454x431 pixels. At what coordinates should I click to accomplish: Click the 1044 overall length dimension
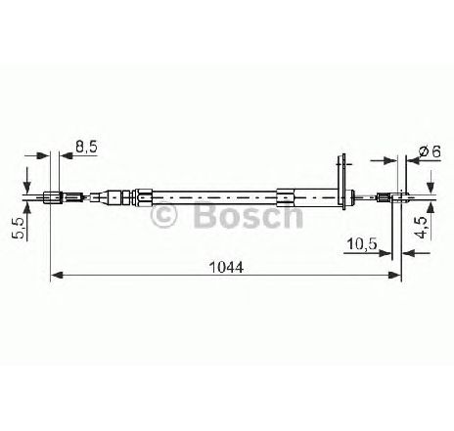coord(226,268)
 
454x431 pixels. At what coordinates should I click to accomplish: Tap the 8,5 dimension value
coord(86,147)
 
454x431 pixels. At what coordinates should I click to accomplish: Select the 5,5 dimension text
coord(19,228)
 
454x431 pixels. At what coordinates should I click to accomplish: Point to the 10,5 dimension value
coord(362,243)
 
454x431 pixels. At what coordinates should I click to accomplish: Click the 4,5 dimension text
coord(423,228)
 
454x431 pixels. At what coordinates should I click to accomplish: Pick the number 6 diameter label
coord(436,151)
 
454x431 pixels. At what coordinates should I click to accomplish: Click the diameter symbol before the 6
coord(424,151)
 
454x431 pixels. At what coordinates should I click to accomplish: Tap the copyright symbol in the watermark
coord(163,215)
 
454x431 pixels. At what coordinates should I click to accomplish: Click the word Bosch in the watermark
coord(249,214)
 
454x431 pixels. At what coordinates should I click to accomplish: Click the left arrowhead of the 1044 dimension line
coord(57,276)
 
